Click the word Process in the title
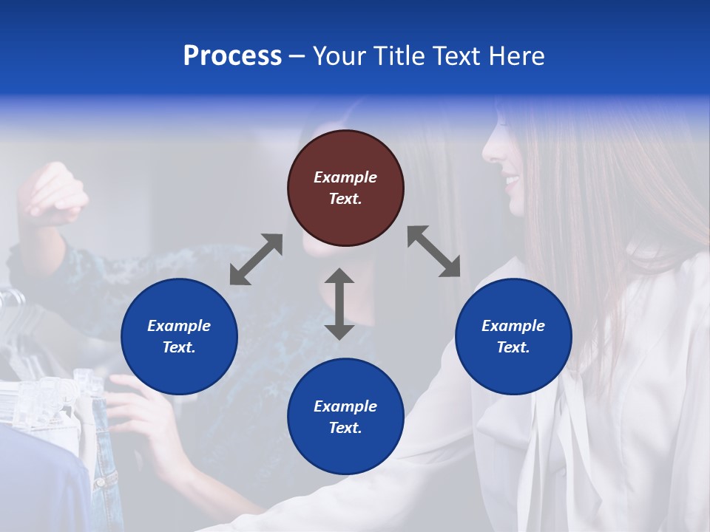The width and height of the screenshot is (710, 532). click(232, 56)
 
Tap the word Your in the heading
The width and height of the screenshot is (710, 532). click(339, 56)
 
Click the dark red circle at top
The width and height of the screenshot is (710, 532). click(345, 188)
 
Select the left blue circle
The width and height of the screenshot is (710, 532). click(179, 336)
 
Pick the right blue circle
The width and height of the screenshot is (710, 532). click(513, 336)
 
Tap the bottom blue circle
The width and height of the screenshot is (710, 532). click(345, 417)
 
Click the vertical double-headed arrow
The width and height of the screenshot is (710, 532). click(339, 304)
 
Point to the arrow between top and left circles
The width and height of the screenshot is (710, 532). click(256, 259)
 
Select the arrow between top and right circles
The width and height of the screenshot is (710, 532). click(434, 251)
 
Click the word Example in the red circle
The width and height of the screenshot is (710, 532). click(345, 177)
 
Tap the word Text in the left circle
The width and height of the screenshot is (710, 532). click(179, 347)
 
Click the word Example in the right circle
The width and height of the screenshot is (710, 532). click(513, 326)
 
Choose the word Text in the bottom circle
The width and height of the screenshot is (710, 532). click(345, 428)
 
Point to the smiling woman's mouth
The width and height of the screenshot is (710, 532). click(512, 180)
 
